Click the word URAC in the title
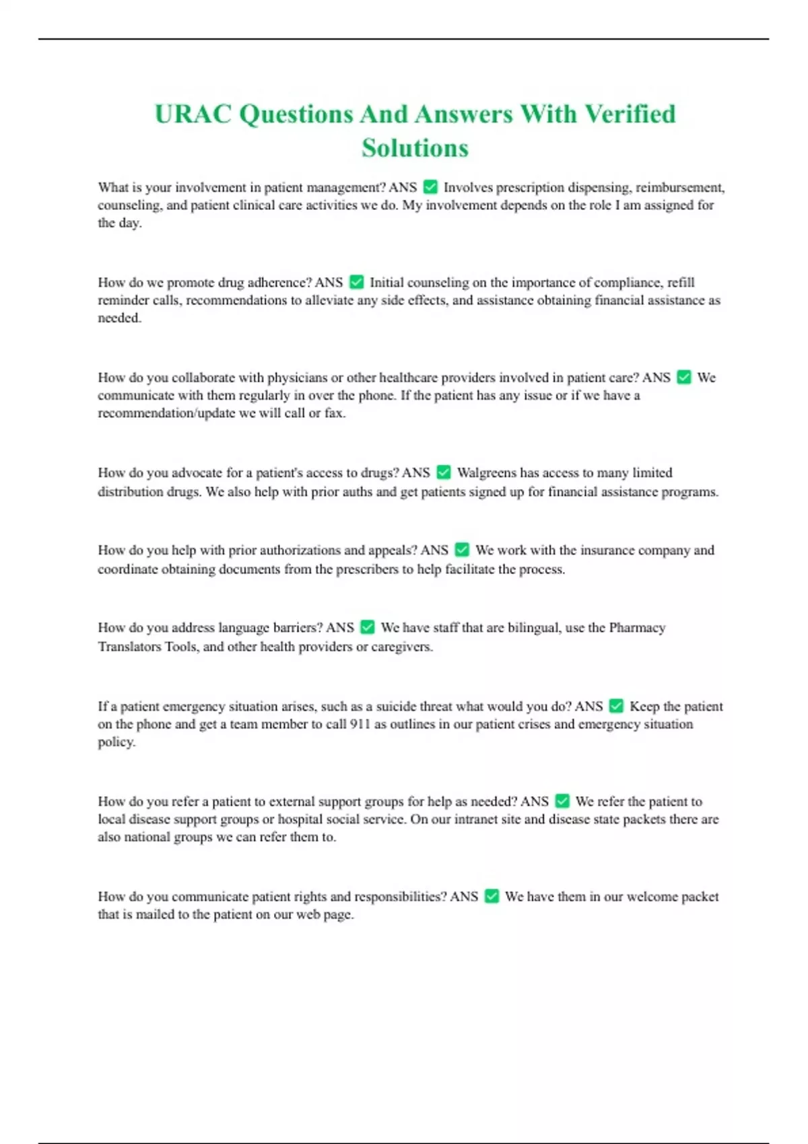(193, 114)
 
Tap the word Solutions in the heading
(415, 148)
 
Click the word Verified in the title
(630, 114)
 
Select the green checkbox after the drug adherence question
(357, 282)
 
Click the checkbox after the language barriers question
(368, 627)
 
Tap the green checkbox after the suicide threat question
(616, 706)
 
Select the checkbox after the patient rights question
(492, 896)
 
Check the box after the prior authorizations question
(462, 550)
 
